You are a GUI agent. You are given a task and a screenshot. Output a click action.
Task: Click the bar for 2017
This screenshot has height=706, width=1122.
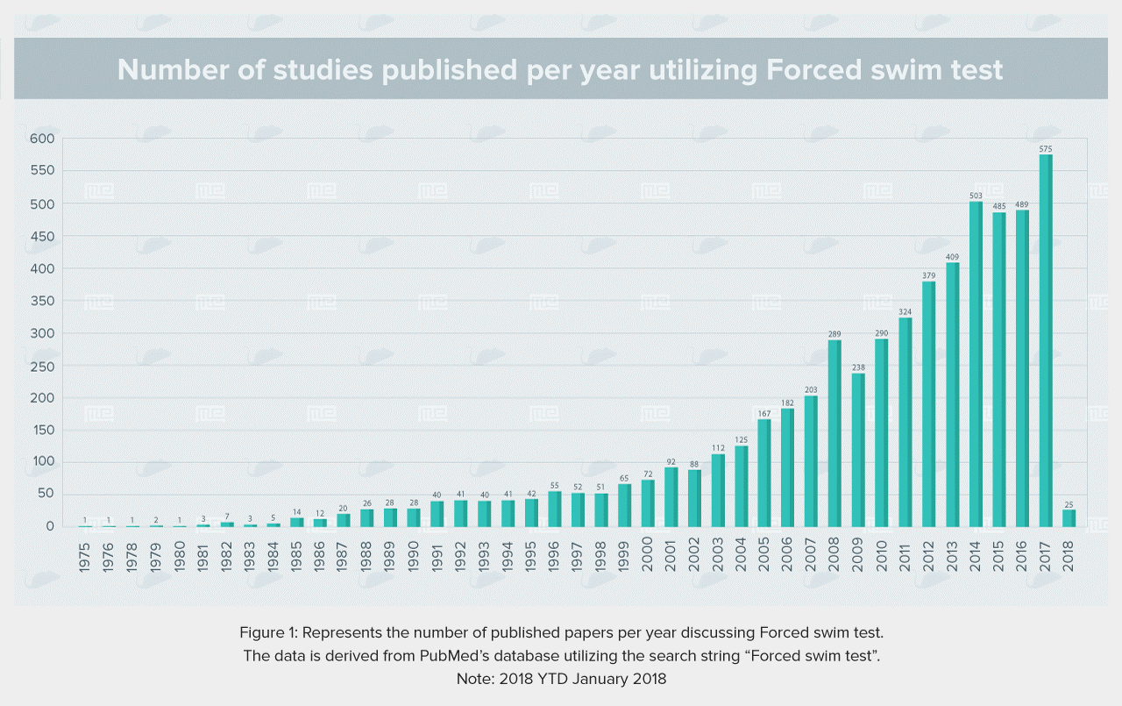tap(1046, 341)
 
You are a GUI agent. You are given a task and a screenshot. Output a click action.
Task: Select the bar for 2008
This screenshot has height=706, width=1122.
tap(834, 433)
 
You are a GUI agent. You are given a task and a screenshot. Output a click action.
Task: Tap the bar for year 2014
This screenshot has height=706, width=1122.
tap(976, 364)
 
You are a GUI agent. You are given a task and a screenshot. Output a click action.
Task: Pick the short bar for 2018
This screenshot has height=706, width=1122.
tap(1069, 518)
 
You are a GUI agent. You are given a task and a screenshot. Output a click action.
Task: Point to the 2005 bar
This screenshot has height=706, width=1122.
tap(764, 473)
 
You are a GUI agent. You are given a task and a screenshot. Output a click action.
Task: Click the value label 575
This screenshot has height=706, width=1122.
tap(1046, 149)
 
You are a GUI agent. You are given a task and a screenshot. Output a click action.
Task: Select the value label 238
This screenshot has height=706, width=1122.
tap(858, 367)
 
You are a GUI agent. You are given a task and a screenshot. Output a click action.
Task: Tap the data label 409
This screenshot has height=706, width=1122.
tap(952, 257)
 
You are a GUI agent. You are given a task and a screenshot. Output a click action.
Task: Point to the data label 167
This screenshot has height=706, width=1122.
tap(764, 413)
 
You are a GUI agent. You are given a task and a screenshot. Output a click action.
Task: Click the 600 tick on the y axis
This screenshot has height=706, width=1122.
tap(42, 139)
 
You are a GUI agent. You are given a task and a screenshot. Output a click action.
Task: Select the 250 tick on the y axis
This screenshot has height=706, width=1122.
tap(43, 367)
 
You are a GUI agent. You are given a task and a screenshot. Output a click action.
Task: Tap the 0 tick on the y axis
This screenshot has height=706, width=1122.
tap(50, 526)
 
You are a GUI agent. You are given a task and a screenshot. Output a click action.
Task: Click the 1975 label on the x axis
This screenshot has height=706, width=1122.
tap(85, 557)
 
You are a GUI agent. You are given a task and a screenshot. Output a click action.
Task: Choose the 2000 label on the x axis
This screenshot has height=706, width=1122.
tap(647, 554)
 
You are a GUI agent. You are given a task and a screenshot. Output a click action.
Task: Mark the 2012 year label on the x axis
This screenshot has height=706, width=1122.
tap(928, 557)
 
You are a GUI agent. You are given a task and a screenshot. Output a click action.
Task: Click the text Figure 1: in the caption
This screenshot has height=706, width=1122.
tap(268, 633)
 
